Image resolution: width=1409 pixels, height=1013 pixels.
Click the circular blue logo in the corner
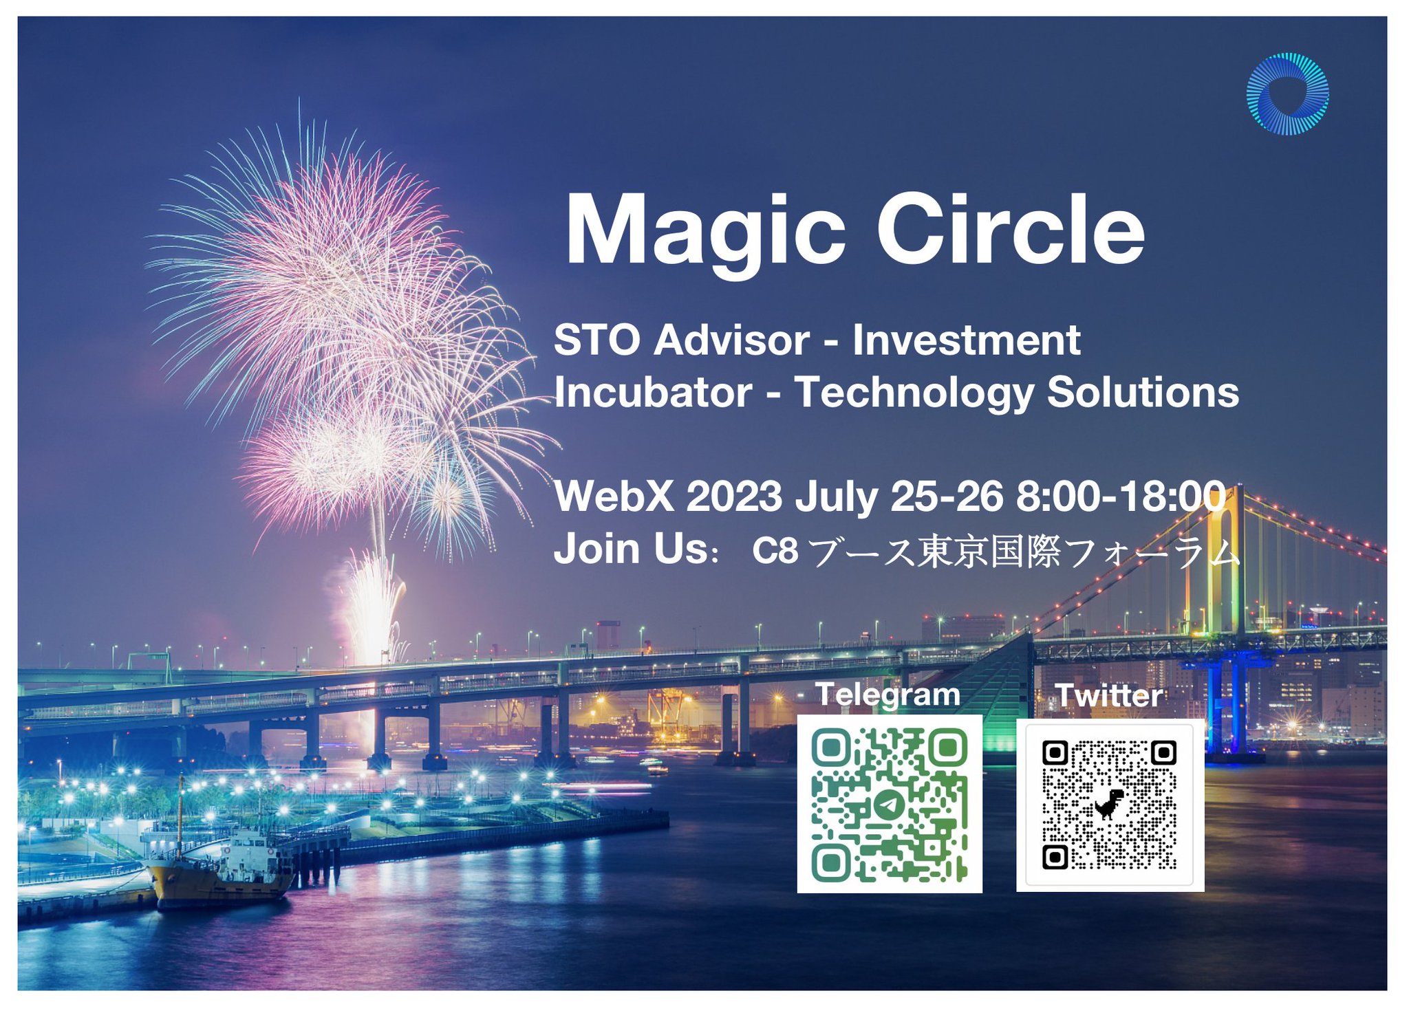(1287, 94)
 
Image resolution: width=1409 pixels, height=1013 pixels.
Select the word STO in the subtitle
(596, 340)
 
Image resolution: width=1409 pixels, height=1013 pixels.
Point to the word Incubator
(652, 393)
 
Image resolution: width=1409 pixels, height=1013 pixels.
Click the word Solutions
(1143, 393)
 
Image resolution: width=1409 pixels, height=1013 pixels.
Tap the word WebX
(614, 496)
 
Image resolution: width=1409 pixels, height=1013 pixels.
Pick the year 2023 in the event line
(733, 496)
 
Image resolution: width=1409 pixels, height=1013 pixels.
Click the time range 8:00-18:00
(1120, 496)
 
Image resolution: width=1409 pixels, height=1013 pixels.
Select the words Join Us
(631, 549)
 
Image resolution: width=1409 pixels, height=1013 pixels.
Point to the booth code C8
(775, 551)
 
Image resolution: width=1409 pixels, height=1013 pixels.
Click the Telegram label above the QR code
(888, 695)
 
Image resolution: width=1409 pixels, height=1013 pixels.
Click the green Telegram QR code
(889, 804)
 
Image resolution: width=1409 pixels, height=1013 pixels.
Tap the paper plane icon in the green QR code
(888, 803)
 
